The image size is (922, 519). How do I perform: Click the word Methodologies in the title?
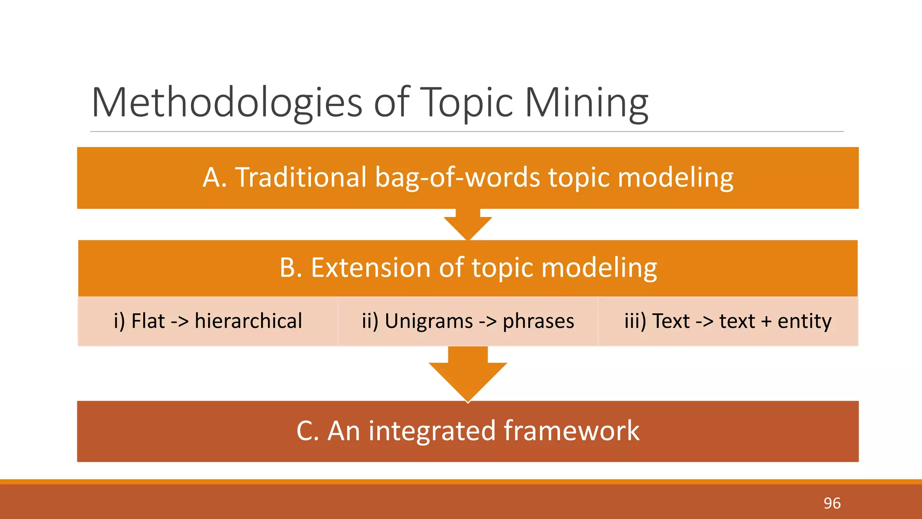click(226, 103)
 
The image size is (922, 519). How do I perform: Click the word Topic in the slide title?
click(468, 103)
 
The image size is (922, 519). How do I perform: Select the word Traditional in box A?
click(301, 177)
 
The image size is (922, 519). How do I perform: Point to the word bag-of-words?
click(457, 177)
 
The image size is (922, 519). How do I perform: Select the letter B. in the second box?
click(291, 268)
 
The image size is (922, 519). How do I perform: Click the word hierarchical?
click(248, 321)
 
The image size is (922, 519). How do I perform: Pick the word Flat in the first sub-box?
click(148, 321)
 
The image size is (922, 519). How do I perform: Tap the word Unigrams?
click(429, 321)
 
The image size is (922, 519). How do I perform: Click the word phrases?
click(538, 321)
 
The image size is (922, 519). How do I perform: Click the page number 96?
click(832, 503)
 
